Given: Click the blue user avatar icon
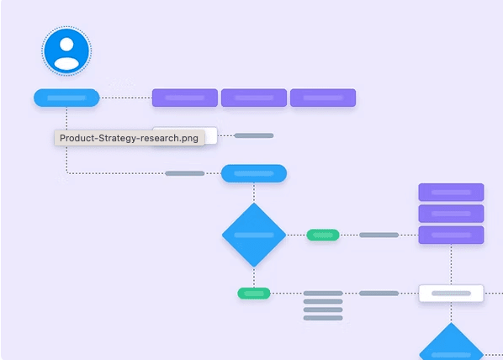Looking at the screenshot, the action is [66, 50].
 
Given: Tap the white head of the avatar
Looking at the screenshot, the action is [66, 45].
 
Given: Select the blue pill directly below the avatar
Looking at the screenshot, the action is [66, 98].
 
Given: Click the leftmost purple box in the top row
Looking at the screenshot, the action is [185, 98].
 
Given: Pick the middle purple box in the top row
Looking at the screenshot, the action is [254, 98].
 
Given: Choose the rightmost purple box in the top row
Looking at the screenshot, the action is [323, 98].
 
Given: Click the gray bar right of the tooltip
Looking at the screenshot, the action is [254, 135].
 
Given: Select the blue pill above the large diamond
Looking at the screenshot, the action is [254, 173].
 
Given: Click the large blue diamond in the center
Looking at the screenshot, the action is [254, 235].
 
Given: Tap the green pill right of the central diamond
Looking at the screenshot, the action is [323, 235].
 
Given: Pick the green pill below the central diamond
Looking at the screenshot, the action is [254, 294].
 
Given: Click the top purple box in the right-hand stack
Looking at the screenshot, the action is [451, 192].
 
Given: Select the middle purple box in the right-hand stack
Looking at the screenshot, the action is [451, 214].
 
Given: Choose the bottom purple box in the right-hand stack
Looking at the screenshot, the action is [451, 235].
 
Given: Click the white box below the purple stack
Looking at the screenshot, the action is [451, 294].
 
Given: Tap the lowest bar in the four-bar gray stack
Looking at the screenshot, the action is [323, 318].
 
